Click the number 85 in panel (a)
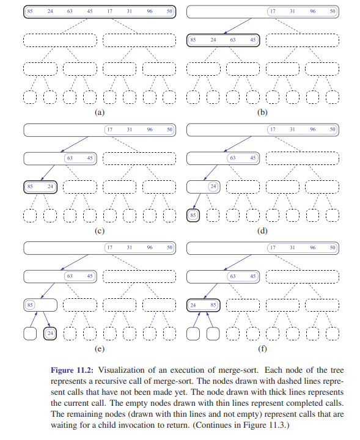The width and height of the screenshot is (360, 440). pos(30,11)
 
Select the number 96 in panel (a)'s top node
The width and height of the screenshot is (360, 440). pos(150,11)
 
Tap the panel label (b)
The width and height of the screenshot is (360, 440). pos(262,112)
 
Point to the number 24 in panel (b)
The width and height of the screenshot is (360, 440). pos(213,40)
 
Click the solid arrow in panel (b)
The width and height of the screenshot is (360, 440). pos(237,26)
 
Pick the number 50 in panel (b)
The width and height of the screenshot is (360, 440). pos(332,11)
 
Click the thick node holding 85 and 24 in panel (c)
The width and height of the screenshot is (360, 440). pos(40,187)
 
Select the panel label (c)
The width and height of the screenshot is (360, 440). pos(100,230)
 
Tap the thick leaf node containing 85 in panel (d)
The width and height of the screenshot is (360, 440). pos(193,215)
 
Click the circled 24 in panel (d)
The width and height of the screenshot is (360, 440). pos(213,186)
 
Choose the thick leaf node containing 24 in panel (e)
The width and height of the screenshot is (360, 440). pos(50,334)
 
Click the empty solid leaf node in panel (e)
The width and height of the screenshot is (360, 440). pos(30,334)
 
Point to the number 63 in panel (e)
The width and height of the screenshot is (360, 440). pos(70,276)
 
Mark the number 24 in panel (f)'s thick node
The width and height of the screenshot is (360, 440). pos(193,305)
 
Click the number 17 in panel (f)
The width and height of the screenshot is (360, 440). pos(273,248)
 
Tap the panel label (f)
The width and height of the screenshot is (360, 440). pos(262,349)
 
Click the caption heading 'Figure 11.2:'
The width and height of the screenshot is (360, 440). pos(72,370)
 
